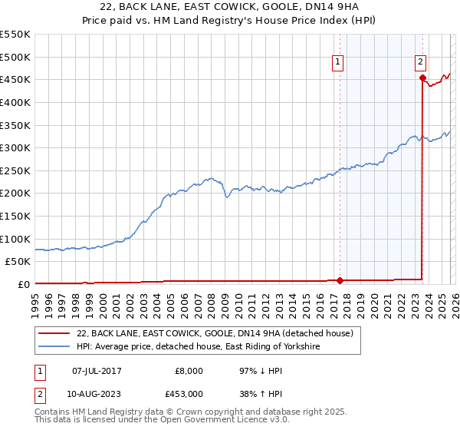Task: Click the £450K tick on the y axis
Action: pyautogui.click(x=15, y=79)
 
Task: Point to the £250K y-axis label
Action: pyautogui.click(x=15, y=170)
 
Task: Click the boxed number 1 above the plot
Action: pyautogui.click(x=338, y=64)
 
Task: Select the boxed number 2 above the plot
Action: pyautogui.click(x=421, y=64)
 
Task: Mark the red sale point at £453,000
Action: pyautogui.click(x=422, y=77)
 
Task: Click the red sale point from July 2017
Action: pyautogui.click(x=340, y=280)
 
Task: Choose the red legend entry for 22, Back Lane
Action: pyautogui.click(x=215, y=333)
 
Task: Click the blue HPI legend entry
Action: pyautogui.click(x=198, y=347)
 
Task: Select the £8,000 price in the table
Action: pyautogui.click(x=189, y=371)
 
